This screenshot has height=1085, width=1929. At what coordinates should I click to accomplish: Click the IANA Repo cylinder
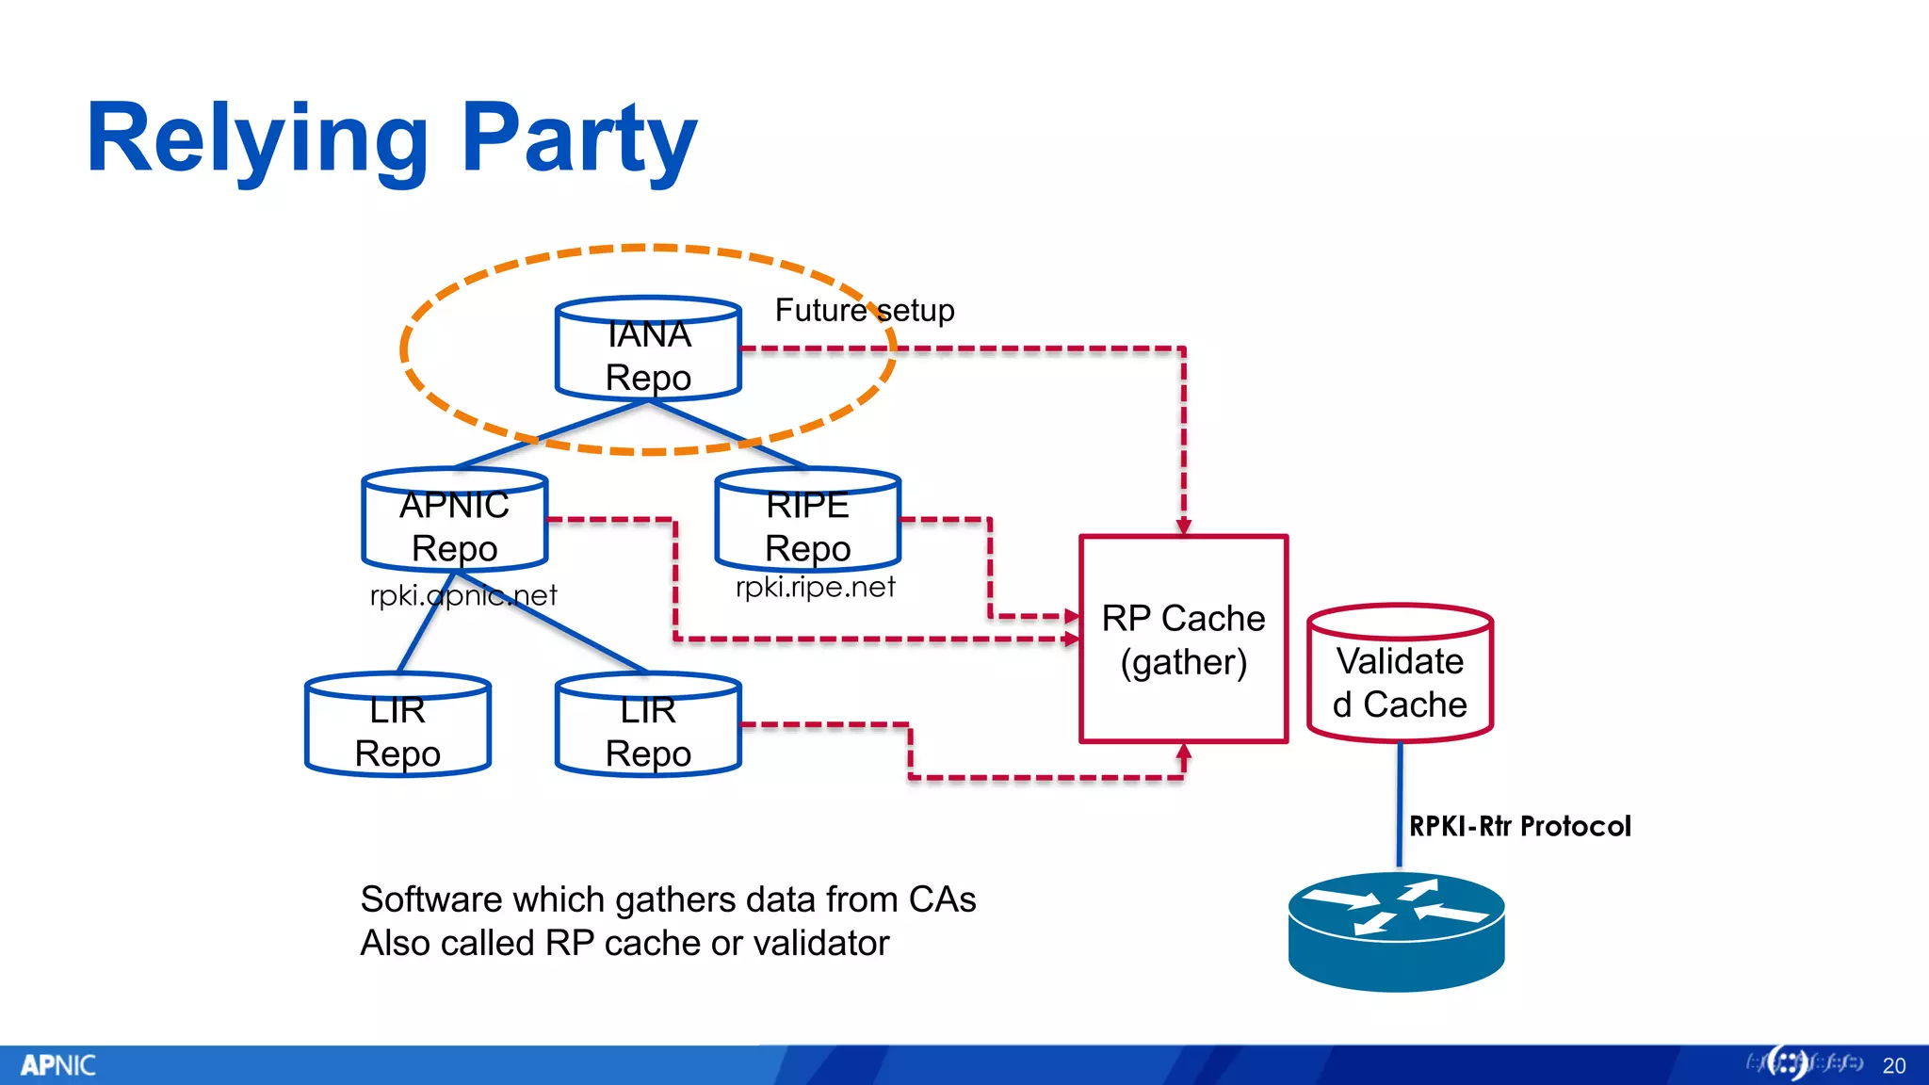[648, 350]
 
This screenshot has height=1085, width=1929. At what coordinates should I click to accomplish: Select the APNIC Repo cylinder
[455, 522]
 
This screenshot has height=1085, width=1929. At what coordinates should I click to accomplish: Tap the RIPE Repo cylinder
[808, 522]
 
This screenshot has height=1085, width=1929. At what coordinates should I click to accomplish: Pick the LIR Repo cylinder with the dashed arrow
[648, 727]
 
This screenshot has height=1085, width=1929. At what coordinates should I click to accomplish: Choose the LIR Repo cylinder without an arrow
[397, 727]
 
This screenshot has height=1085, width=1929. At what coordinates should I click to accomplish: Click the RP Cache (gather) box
[1183, 640]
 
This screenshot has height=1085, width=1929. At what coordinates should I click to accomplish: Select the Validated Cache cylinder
[1400, 675]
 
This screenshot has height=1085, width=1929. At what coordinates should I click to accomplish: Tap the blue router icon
[1396, 931]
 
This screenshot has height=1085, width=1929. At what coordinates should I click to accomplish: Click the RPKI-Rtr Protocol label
[1519, 826]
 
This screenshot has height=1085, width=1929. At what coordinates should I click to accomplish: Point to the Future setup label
[864, 310]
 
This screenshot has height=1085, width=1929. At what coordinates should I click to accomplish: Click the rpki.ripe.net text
[815, 587]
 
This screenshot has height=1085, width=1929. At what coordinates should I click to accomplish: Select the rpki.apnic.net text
[463, 595]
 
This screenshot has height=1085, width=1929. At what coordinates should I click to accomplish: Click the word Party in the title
[579, 139]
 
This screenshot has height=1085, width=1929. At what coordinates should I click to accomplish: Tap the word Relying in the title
[256, 139]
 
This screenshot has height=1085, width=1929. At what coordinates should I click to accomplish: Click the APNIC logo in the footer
[57, 1065]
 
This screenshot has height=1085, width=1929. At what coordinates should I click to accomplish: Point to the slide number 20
[1893, 1065]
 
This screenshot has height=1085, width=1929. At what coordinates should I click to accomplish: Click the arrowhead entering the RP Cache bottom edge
[1184, 753]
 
